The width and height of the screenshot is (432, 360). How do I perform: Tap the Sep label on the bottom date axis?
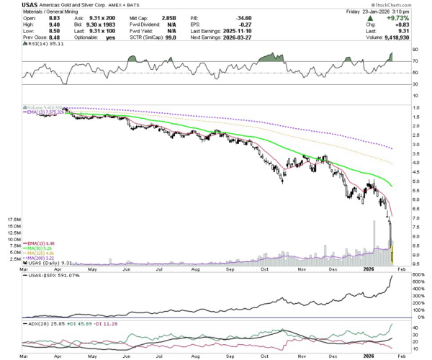point(230,356)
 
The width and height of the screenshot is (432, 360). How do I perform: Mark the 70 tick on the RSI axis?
point(416,62)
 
